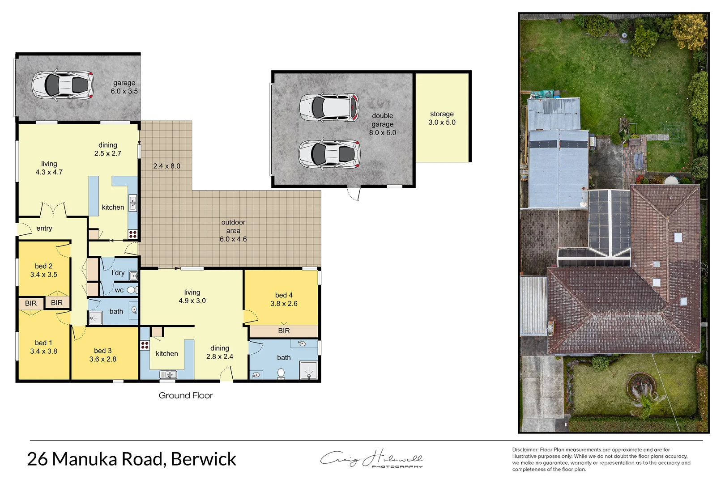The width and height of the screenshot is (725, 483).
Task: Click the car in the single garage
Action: pyautogui.click(x=63, y=85)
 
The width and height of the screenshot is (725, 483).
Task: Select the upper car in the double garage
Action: pyautogui.click(x=329, y=107)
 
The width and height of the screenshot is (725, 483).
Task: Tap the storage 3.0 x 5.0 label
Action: pyautogui.click(x=442, y=119)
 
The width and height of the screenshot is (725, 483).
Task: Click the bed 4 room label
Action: pyautogui.click(x=284, y=299)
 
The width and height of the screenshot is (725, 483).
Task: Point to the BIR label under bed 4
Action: pyautogui.click(x=284, y=331)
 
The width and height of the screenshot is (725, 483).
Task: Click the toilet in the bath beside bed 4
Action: pyautogui.click(x=281, y=373)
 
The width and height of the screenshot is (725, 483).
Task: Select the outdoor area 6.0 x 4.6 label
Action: pyautogui.click(x=233, y=231)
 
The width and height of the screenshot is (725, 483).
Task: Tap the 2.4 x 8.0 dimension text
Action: pyautogui.click(x=166, y=166)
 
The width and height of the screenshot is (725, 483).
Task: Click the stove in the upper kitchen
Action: pyautogui.click(x=132, y=233)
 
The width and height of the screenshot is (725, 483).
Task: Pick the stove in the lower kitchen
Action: pyautogui.click(x=145, y=345)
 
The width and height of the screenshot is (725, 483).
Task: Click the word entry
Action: pyautogui.click(x=44, y=229)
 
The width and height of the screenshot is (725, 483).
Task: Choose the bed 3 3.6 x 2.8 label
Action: pyautogui.click(x=103, y=355)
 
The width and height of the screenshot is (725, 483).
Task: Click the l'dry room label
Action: pyautogui.click(x=118, y=273)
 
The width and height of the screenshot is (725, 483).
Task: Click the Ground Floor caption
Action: pyautogui.click(x=186, y=395)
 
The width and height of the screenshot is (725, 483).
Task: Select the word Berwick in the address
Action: pyautogui.click(x=203, y=459)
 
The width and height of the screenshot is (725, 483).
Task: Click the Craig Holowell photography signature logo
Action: pyautogui.click(x=371, y=459)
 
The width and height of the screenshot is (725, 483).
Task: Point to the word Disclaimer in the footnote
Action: pyautogui.click(x=525, y=450)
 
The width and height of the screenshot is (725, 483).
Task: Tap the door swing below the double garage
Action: pyautogui.click(x=354, y=194)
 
